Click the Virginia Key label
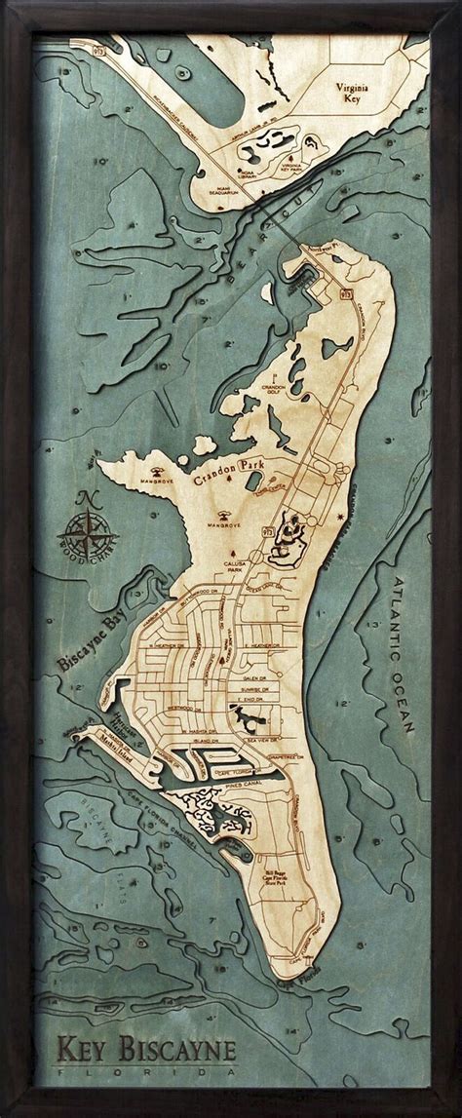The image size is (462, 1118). (384, 92)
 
